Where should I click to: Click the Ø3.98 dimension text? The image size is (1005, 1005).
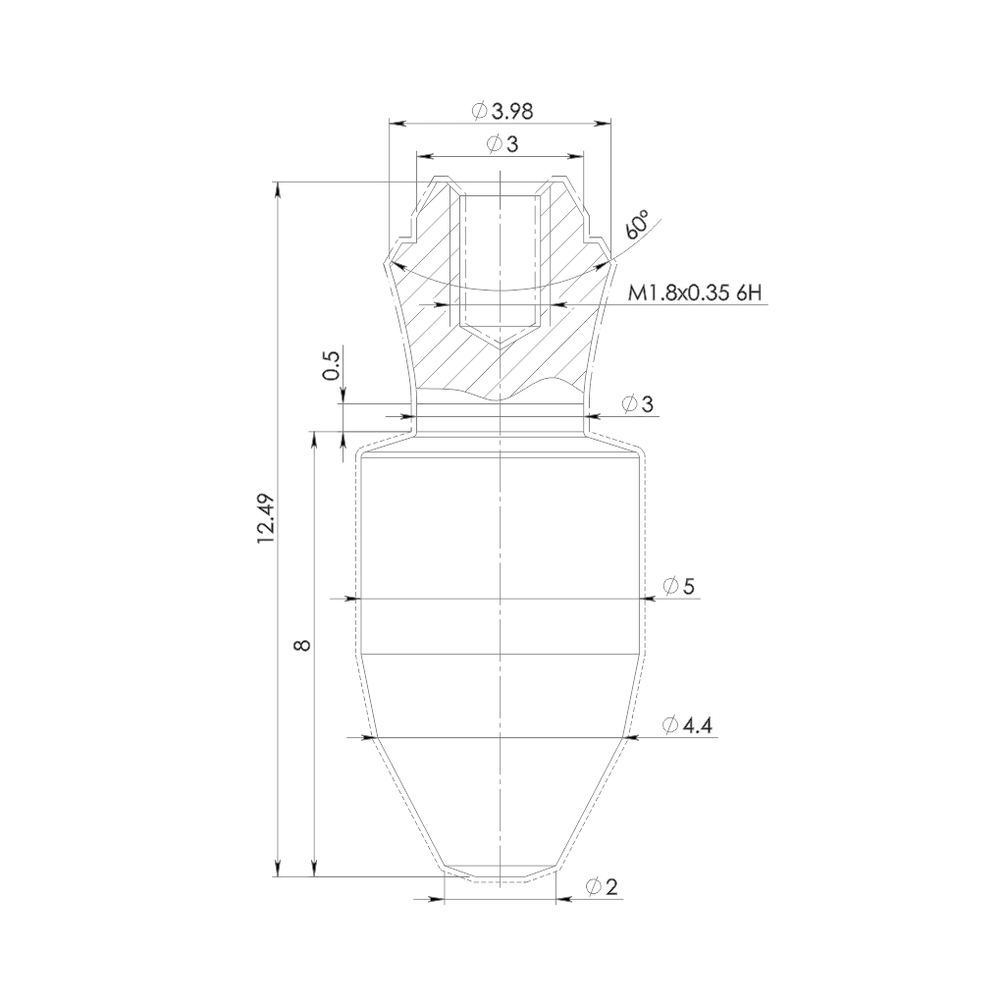502,111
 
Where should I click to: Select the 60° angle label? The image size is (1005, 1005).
637,225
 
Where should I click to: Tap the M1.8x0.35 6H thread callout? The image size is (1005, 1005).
696,293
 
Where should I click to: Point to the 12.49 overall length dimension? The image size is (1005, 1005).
266,519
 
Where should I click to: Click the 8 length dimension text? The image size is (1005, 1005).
303,644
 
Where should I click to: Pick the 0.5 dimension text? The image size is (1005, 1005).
333,364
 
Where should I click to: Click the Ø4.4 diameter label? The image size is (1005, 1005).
688,725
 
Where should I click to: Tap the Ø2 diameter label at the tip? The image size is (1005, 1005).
602,887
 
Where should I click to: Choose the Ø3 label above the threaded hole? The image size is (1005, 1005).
502,144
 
